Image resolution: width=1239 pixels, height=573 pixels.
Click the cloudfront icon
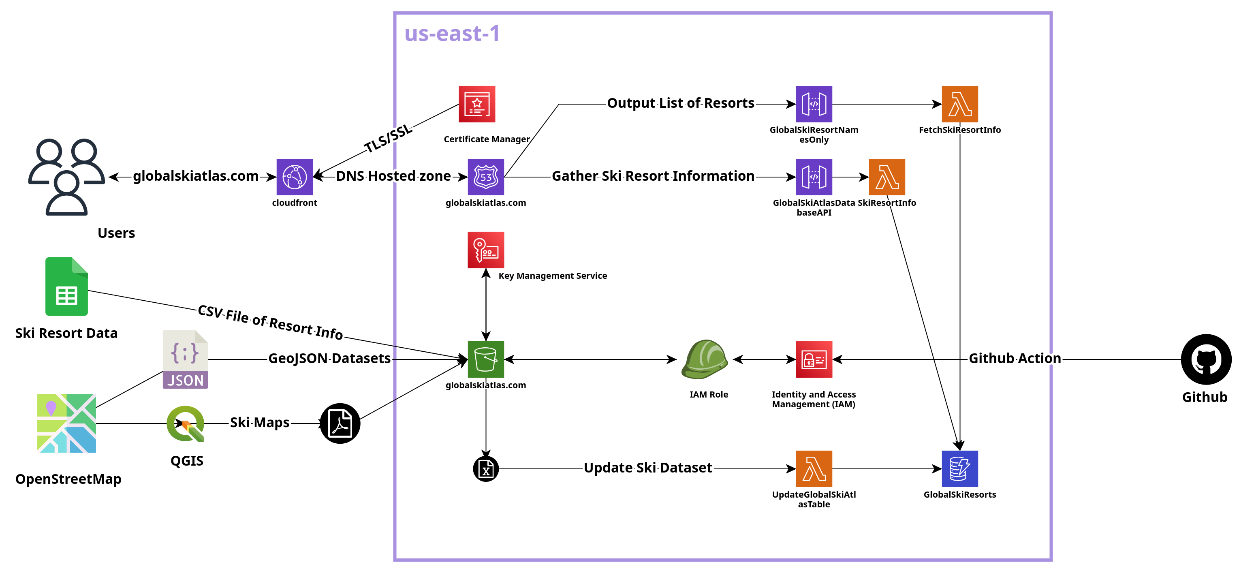295,177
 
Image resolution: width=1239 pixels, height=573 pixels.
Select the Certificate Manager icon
476,104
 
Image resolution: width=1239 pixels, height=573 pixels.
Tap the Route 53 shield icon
485,177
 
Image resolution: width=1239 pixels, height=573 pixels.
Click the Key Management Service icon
485,250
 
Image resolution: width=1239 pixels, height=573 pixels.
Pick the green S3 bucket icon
485,359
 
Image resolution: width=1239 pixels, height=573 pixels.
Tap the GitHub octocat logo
1206,359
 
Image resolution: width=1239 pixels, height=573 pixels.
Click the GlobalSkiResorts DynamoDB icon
959,468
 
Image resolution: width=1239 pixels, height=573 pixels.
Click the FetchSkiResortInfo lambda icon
959,104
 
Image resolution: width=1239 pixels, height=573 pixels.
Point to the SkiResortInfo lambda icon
887,177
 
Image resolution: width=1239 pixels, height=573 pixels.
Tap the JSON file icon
185,359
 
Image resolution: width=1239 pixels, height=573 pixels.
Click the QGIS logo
186,423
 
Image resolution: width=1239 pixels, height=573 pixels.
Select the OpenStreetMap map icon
66,423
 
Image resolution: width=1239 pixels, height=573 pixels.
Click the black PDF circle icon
340,423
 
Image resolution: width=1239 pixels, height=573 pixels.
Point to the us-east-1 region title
452,34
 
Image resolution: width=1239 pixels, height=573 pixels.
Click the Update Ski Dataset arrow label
647,468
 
